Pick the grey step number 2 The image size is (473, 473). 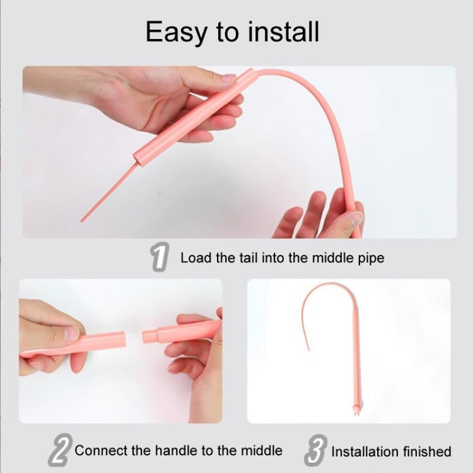coord(61,450)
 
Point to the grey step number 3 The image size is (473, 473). coord(316,450)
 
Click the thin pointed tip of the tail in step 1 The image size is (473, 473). coord(82,221)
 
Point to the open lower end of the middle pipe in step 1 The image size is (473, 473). coord(137,158)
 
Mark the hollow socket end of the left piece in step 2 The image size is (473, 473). coord(121,340)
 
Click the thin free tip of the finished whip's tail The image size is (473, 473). coord(308,349)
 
